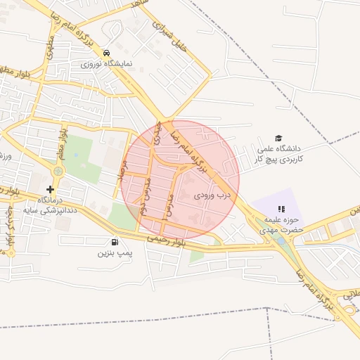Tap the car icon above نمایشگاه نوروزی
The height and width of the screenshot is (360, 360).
click(105, 53)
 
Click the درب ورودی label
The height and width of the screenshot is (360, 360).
click(212, 193)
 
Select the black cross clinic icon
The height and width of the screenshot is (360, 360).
click(50, 189)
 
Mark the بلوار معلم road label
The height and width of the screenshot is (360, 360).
click(63, 141)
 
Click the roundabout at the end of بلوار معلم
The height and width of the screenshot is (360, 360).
click(58, 171)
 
